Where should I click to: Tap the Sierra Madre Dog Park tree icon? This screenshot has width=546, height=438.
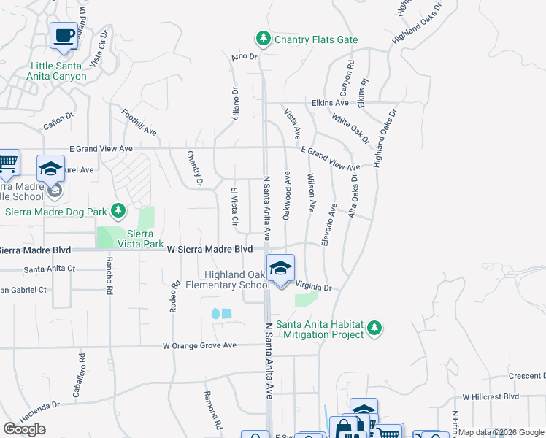tap(118, 212)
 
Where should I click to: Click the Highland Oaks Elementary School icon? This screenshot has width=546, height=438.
tap(280, 268)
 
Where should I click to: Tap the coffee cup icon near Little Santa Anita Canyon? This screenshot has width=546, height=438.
tap(64, 35)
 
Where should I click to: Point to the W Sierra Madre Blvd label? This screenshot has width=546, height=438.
tap(209, 250)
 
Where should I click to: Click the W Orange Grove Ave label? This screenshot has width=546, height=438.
tap(200, 345)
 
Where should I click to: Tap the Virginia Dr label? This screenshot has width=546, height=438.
tap(314, 288)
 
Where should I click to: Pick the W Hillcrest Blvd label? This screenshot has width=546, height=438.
tap(490, 397)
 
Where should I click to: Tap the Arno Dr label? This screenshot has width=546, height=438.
tap(245, 56)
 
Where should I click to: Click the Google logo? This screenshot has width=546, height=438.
tap(25, 429)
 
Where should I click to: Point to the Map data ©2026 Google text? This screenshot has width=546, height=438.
tap(501, 432)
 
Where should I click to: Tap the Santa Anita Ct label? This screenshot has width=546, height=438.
tap(50, 269)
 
